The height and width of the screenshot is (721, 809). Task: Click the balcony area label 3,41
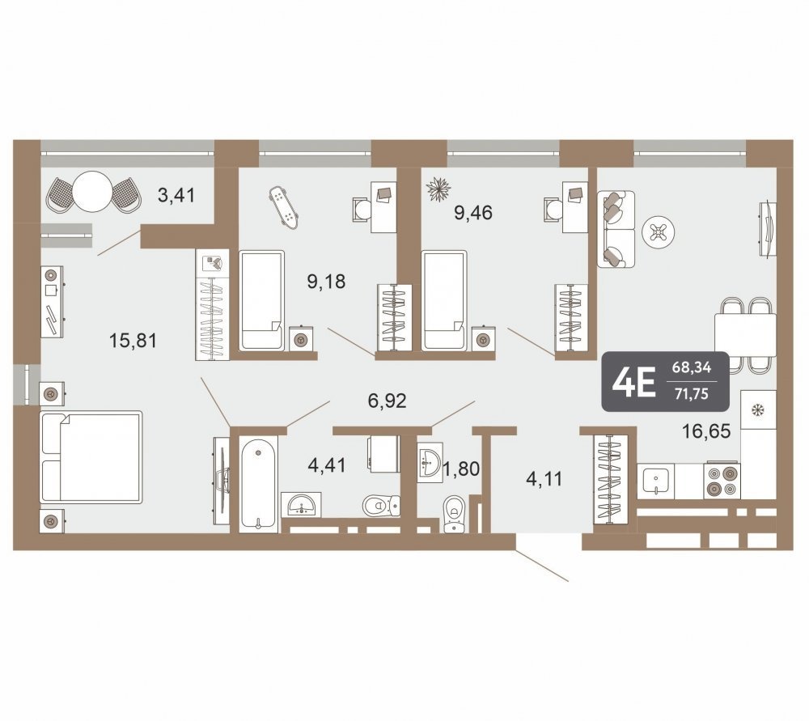click(x=176, y=196)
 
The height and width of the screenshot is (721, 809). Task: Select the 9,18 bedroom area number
click(x=326, y=282)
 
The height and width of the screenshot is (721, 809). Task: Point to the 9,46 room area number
click(x=473, y=212)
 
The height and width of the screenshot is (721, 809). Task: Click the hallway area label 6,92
click(x=387, y=400)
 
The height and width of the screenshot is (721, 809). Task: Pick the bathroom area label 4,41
click(x=327, y=465)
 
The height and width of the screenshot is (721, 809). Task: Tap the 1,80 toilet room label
click(x=461, y=469)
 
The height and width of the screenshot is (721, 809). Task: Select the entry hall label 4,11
click(x=544, y=479)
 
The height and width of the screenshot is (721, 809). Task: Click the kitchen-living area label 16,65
click(x=706, y=430)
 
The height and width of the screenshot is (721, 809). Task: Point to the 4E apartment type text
click(x=633, y=383)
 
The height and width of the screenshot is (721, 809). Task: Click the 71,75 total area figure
click(x=692, y=394)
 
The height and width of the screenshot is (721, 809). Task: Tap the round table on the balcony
click(x=92, y=191)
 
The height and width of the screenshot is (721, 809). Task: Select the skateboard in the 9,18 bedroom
click(x=284, y=208)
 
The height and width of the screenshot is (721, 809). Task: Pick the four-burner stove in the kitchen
click(x=722, y=481)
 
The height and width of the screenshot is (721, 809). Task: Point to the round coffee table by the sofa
click(x=659, y=233)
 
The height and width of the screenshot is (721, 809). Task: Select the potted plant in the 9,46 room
click(x=439, y=189)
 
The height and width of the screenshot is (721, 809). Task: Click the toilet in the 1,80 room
click(x=455, y=514)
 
